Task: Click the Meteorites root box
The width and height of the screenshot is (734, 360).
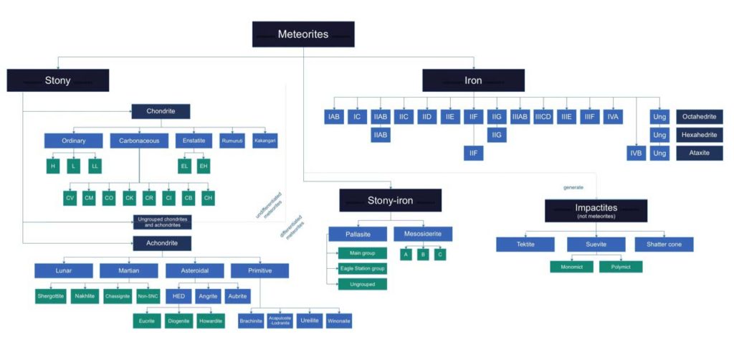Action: [303, 34]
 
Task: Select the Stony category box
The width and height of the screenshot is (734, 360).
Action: [58, 80]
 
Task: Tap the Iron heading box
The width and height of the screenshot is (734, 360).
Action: [472, 80]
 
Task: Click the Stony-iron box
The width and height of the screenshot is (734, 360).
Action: [390, 200]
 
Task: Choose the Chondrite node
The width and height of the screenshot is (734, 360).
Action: [161, 111]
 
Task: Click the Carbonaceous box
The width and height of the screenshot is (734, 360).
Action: [139, 141]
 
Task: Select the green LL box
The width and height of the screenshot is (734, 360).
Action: [94, 166]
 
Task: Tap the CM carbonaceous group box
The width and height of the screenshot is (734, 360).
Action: [89, 198]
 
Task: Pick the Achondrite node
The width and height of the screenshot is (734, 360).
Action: [161, 242]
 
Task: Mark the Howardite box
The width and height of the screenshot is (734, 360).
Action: [210, 321]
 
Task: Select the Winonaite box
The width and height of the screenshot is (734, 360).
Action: [339, 321]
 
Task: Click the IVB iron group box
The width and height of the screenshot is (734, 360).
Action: [635, 153]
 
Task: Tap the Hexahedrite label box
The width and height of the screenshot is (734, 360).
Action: [699, 135]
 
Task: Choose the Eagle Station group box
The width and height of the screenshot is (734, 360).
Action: [362, 268]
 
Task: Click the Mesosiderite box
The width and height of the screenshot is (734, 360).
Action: [422, 234]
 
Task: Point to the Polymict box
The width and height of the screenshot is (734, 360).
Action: [621, 267]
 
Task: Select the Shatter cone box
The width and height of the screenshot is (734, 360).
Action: [664, 245]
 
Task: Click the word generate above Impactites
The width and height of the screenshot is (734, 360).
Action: [573, 187]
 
